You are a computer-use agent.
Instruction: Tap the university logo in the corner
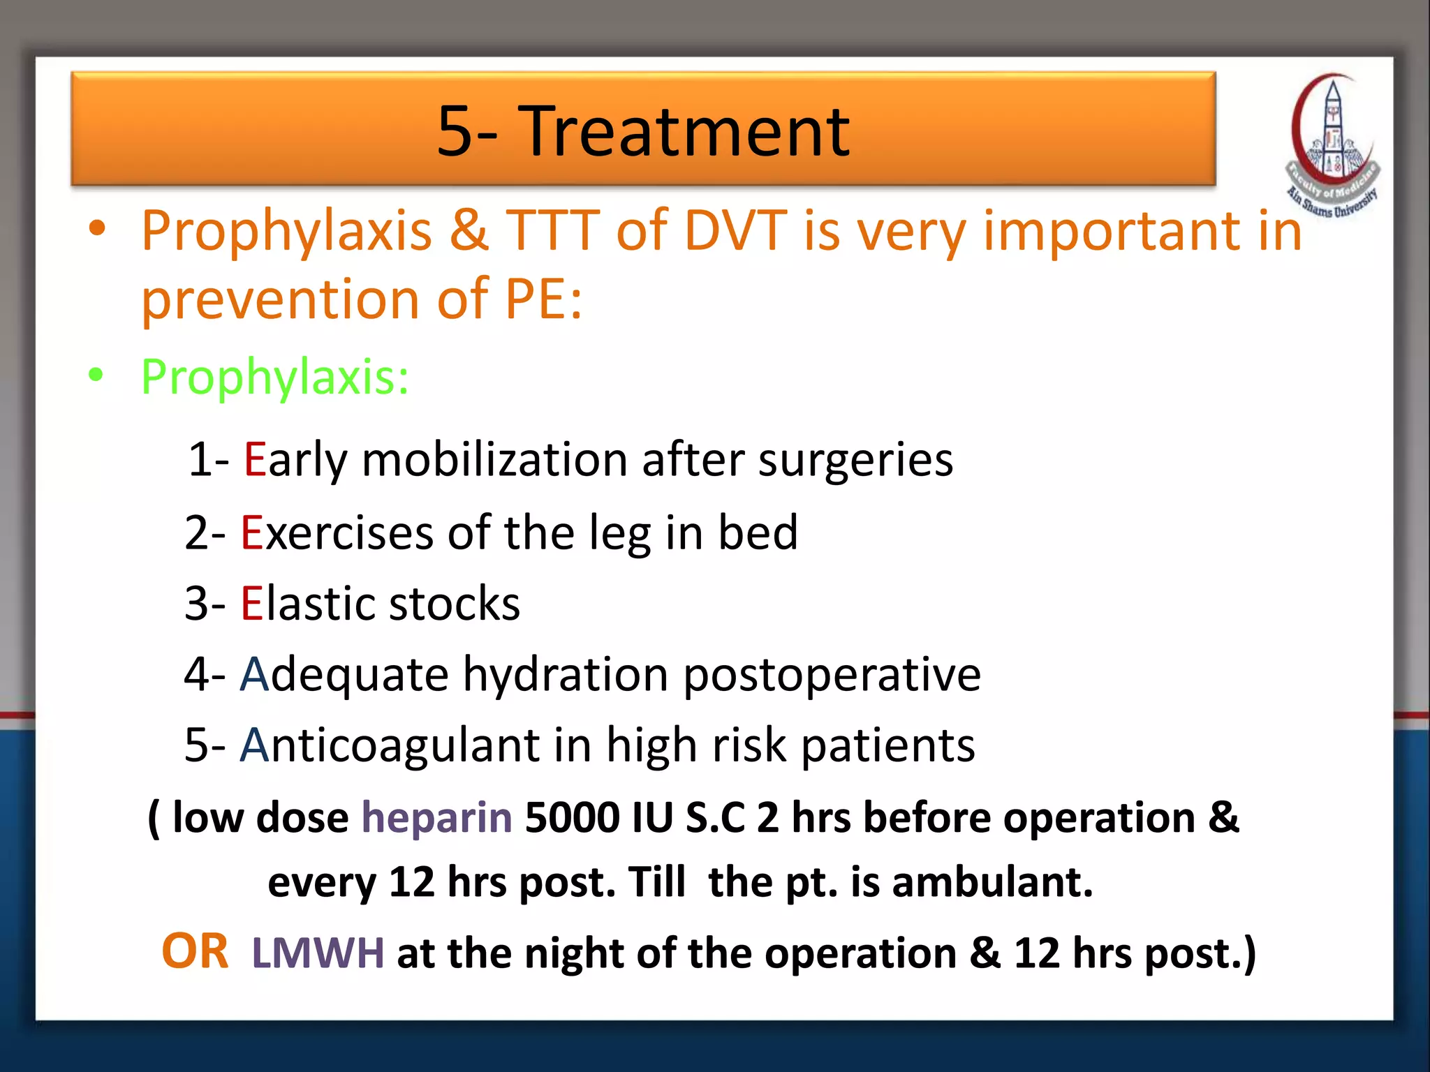[1332, 147]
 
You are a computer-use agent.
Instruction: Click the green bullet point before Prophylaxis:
[96, 375]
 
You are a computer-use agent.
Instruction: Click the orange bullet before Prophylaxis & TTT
[97, 228]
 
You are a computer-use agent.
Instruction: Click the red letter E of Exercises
[251, 533]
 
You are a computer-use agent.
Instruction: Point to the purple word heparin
[436, 817]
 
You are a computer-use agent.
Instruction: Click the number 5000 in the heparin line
[571, 817]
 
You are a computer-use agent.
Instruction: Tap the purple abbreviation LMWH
[318, 953]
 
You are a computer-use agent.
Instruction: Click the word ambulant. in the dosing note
[992, 882]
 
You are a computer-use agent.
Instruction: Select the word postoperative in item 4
[832, 675]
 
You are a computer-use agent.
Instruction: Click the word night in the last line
[573, 953]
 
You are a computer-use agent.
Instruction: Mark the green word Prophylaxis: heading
[274, 377]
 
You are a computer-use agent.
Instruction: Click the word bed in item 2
[758, 533]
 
